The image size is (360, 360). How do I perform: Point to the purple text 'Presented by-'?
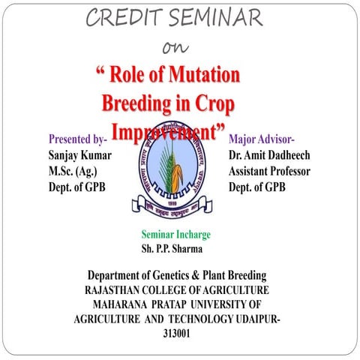(78, 139)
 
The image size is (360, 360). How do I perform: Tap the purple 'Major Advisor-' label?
(262, 139)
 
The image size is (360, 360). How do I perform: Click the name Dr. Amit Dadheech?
(270, 155)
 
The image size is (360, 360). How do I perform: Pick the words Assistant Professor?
(269, 171)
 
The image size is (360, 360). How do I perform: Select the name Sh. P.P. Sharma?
(174, 248)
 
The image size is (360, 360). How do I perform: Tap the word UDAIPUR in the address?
(259, 319)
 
